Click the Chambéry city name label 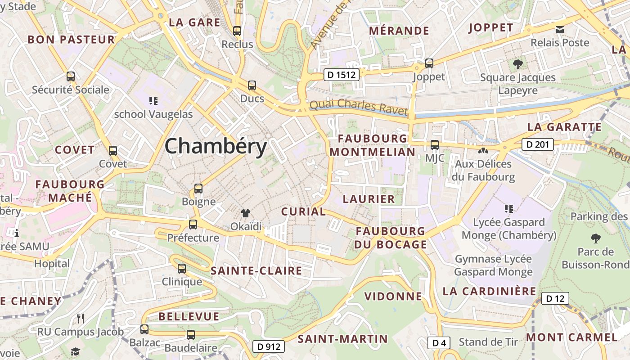point(216,147)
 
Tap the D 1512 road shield point(342,75)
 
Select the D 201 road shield point(537,144)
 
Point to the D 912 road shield point(269,346)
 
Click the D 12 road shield point(555,298)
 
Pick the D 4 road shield point(439,343)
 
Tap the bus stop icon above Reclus point(237,31)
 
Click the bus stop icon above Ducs point(252,85)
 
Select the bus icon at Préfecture point(193,224)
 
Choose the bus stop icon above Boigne point(198,188)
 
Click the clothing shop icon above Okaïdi point(246,213)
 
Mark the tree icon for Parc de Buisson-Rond point(595,238)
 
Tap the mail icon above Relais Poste point(560,30)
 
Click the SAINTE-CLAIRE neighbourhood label point(256,271)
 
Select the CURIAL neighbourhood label point(303,211)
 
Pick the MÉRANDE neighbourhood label point(399,31)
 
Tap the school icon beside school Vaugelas point(153,100)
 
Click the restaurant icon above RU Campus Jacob point(81,319)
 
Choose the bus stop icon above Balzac point(144,329)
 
